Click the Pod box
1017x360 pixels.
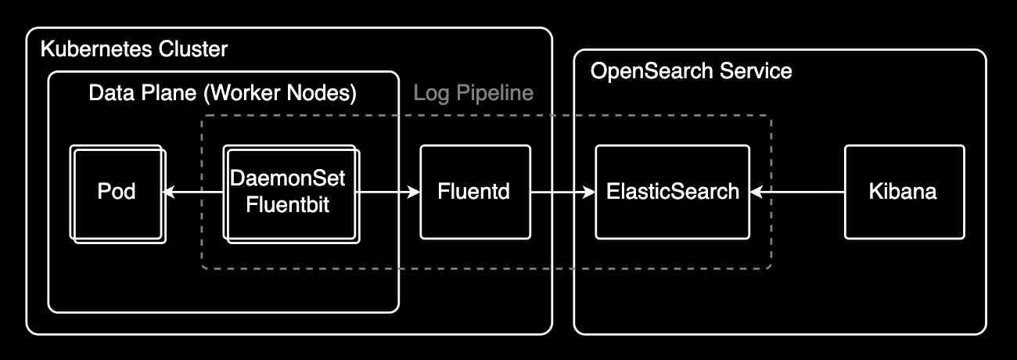point(117,192)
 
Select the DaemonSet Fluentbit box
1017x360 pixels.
point(289,192)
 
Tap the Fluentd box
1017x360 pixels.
point(475,192)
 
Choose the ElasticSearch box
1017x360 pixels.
point(672,192)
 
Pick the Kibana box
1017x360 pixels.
point(904,192)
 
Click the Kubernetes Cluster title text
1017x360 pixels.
point(133,50)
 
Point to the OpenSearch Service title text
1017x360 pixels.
point(691,72)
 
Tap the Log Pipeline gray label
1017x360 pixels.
point(473,94)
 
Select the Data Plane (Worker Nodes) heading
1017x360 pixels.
point(222,94)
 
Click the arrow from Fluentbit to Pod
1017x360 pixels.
point(192,192)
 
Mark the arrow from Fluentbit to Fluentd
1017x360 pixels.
point(388,192)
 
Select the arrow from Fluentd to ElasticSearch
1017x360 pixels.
point(562,192)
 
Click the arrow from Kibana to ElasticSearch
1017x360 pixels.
point(796,192)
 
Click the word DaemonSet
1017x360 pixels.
point(289,178)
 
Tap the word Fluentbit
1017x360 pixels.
point(289,205)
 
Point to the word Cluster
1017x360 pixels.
point(192,50)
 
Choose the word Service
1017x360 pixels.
point(757,72)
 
